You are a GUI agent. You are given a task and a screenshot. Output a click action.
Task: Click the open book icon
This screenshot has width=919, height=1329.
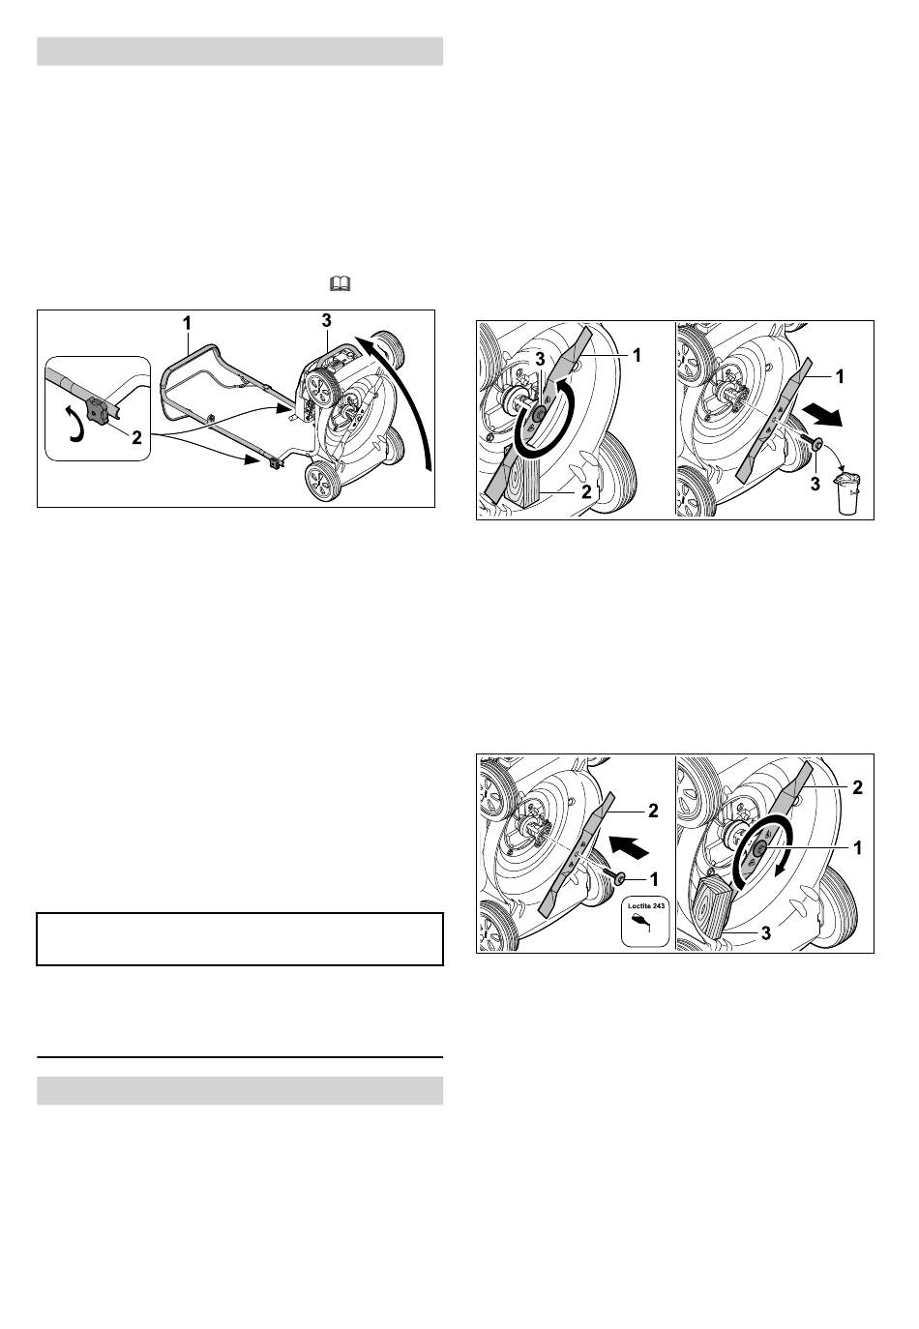click(x=340, y=283)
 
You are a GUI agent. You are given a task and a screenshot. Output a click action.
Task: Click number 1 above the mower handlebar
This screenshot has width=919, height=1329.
click(x=187, y=323)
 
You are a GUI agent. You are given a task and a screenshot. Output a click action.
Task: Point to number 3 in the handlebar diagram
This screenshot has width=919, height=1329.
click(x=326, y=321)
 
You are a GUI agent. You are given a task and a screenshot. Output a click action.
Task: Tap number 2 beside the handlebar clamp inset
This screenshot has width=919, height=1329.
click(x=136, y=438)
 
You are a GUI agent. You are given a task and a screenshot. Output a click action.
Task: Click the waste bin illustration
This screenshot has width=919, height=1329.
click(x=847, y=493)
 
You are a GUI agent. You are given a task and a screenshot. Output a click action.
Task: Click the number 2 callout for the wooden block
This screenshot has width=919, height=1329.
click(x=586, y=492)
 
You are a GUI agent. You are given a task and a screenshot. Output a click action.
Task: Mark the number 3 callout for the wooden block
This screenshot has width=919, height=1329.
click(x=766, y=933)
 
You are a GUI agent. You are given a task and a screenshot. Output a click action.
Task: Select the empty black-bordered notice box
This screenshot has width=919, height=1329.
click(x=240, y=939)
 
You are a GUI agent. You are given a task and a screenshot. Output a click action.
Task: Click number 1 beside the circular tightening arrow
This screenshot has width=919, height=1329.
click(x=857, y=848)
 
